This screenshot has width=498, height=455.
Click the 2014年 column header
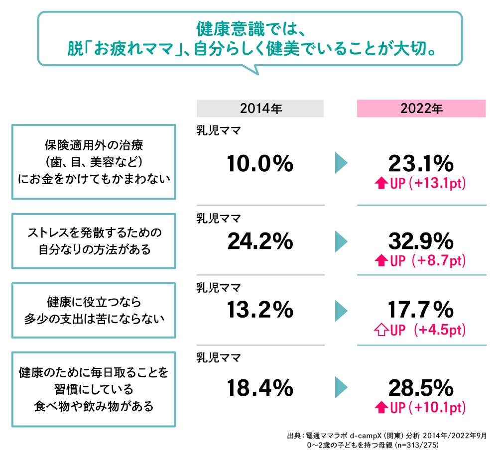pyautogui.click(x=260, y=109)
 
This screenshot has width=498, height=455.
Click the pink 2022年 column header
pyautogui.click(x=421, y=109)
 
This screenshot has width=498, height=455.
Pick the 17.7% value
pyautogui.click(x=421, y=311)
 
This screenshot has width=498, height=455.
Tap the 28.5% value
pyautogui.click(x=421, y=387)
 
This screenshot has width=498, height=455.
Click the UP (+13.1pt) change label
pyautogui.click(x=421, y=184)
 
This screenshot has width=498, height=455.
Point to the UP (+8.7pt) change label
pyautogui.click(x=421, y=261)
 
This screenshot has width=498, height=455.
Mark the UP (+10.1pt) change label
pyautogui.click(x=421, y=408)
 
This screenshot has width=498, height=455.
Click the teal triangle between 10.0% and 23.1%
pyautogui.click(x=341, y=163)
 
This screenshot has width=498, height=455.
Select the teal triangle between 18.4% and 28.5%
pyautogui.click(x=341, y=387)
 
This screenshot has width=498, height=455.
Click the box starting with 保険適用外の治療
pyautogui.click(x=94, y=162)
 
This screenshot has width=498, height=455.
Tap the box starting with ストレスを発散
pyautogui.click(x=94, y=241)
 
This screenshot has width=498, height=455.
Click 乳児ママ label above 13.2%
pyautogui.click(x=219, y=287)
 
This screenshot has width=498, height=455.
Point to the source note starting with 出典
pyautogui.click(x=387, y=440)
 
